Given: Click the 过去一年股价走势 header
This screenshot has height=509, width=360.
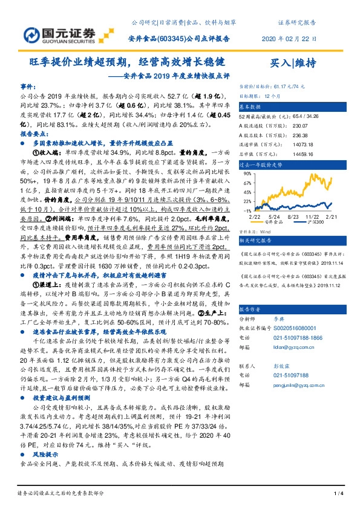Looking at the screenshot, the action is pyautogui.click(x=261, y=164).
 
